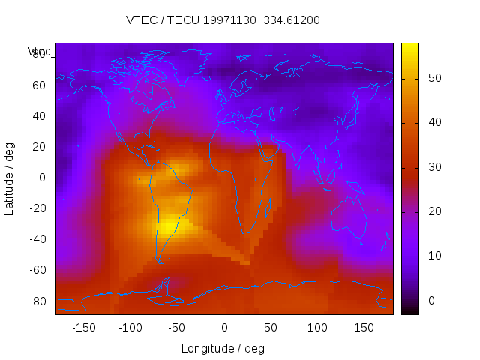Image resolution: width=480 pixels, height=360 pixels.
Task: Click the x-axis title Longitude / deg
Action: point(223,348)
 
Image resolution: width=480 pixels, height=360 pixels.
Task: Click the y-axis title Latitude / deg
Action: point(10,178)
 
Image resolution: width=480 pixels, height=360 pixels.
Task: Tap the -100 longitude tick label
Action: point(130,328)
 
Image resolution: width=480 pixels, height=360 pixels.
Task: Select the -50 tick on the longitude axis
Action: point(177,328)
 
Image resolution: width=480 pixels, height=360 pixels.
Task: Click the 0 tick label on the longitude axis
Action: point(223,328)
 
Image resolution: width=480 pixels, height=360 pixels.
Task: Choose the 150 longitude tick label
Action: point(363,328)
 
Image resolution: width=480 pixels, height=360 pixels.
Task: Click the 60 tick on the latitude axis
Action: point(39,85)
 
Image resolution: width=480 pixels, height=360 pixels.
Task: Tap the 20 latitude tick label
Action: point(39,147)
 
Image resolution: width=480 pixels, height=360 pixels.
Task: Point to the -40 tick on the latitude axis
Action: point(37,239)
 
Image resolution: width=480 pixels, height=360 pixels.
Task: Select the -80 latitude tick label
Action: point(37,301)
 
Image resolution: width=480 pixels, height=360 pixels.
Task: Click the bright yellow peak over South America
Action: point(169,223)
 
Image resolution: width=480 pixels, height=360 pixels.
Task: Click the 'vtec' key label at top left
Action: point(39,52)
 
